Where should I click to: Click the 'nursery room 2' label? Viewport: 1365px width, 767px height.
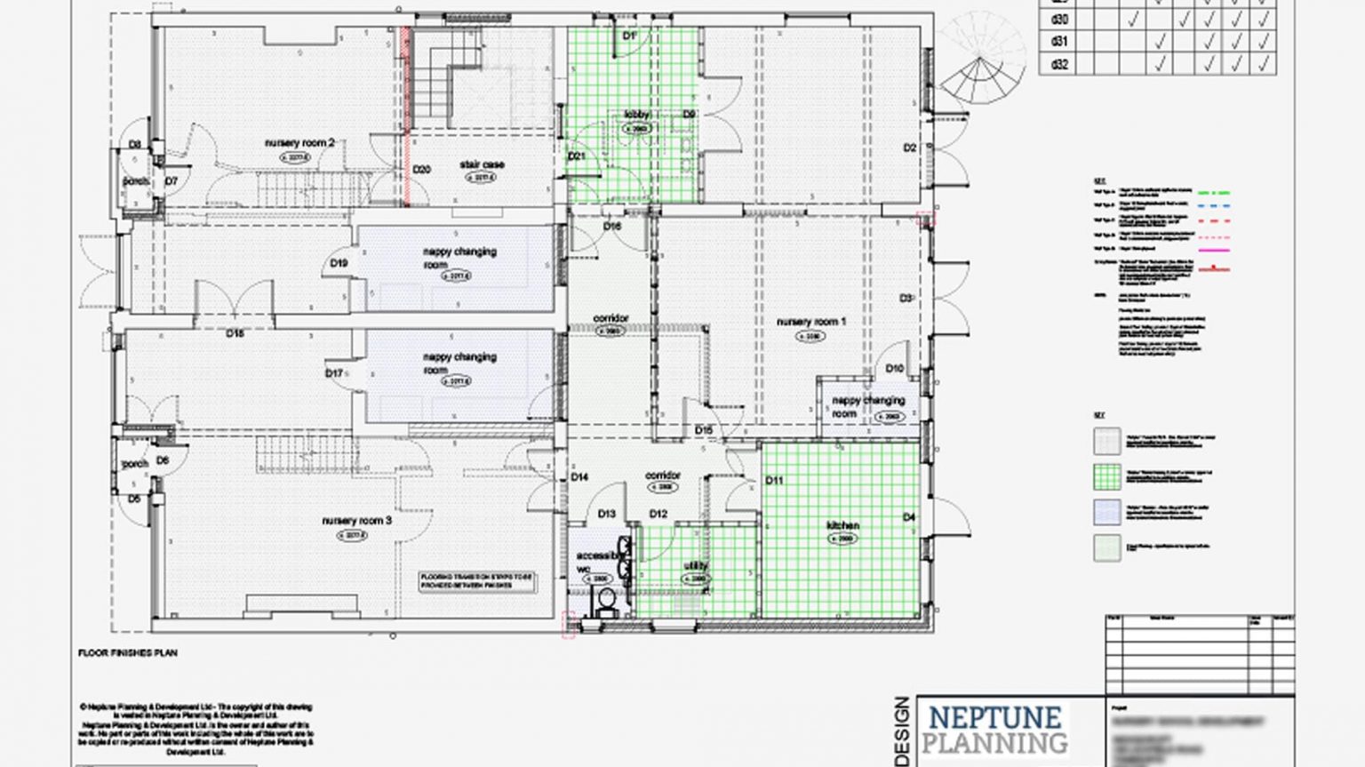pyautogui.click(x=299, y=143)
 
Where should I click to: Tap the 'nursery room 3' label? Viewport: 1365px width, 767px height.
pyautogui.click(x=356, y=521)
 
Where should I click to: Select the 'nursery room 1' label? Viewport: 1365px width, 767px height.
pyautogui.click(x=810, y=322)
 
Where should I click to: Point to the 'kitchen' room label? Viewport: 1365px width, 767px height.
pyautogui.click(x=842, y=525)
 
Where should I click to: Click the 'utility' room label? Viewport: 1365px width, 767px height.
pyautogui.click(x=696, y=566)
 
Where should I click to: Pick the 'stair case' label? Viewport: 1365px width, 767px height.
pyautogui.click(x=482, y=164)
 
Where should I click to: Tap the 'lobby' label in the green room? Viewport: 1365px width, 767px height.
pyautogui.click(x=637, y=115)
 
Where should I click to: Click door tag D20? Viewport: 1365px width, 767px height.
pyautogui.click(x=421, y=169)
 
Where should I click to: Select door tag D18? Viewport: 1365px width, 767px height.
pyautogui.click(x=235, y=333)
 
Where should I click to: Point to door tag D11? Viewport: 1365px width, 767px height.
pyautogui.click(x=773, y=481)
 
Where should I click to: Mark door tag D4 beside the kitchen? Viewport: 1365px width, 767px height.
pyautogui.click(x=908, y=517)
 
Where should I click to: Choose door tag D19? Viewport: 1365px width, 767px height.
pyautogui.click(x=339, y=263)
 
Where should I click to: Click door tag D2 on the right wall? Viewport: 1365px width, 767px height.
pyautogui.click(x=909, y=148)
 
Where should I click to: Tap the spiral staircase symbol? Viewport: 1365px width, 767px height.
pyautogui.click(x=978, y=67)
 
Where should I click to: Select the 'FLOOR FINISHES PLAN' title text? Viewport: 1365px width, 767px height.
pyautogui.click(x=128, y=653)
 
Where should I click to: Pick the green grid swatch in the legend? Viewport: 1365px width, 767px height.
pyautogui.click(x=1107, y=476)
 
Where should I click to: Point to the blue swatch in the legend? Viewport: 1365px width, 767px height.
pyautogui.click(x=1107, y=513)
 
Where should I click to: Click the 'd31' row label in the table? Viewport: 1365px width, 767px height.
pyautogui.click(x=1059, y=42)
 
